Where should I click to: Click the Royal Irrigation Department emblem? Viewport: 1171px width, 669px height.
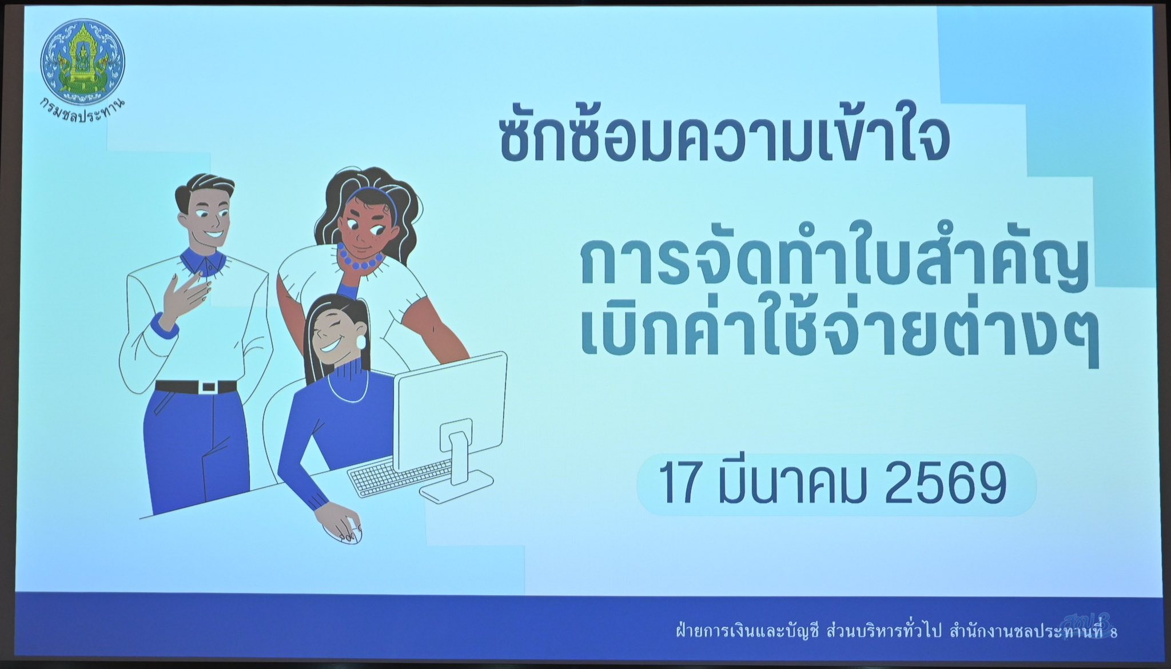82,60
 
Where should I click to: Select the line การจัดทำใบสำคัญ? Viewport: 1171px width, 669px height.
835,264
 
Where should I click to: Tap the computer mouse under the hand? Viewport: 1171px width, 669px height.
343,534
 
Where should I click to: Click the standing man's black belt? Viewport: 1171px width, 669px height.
196,387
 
